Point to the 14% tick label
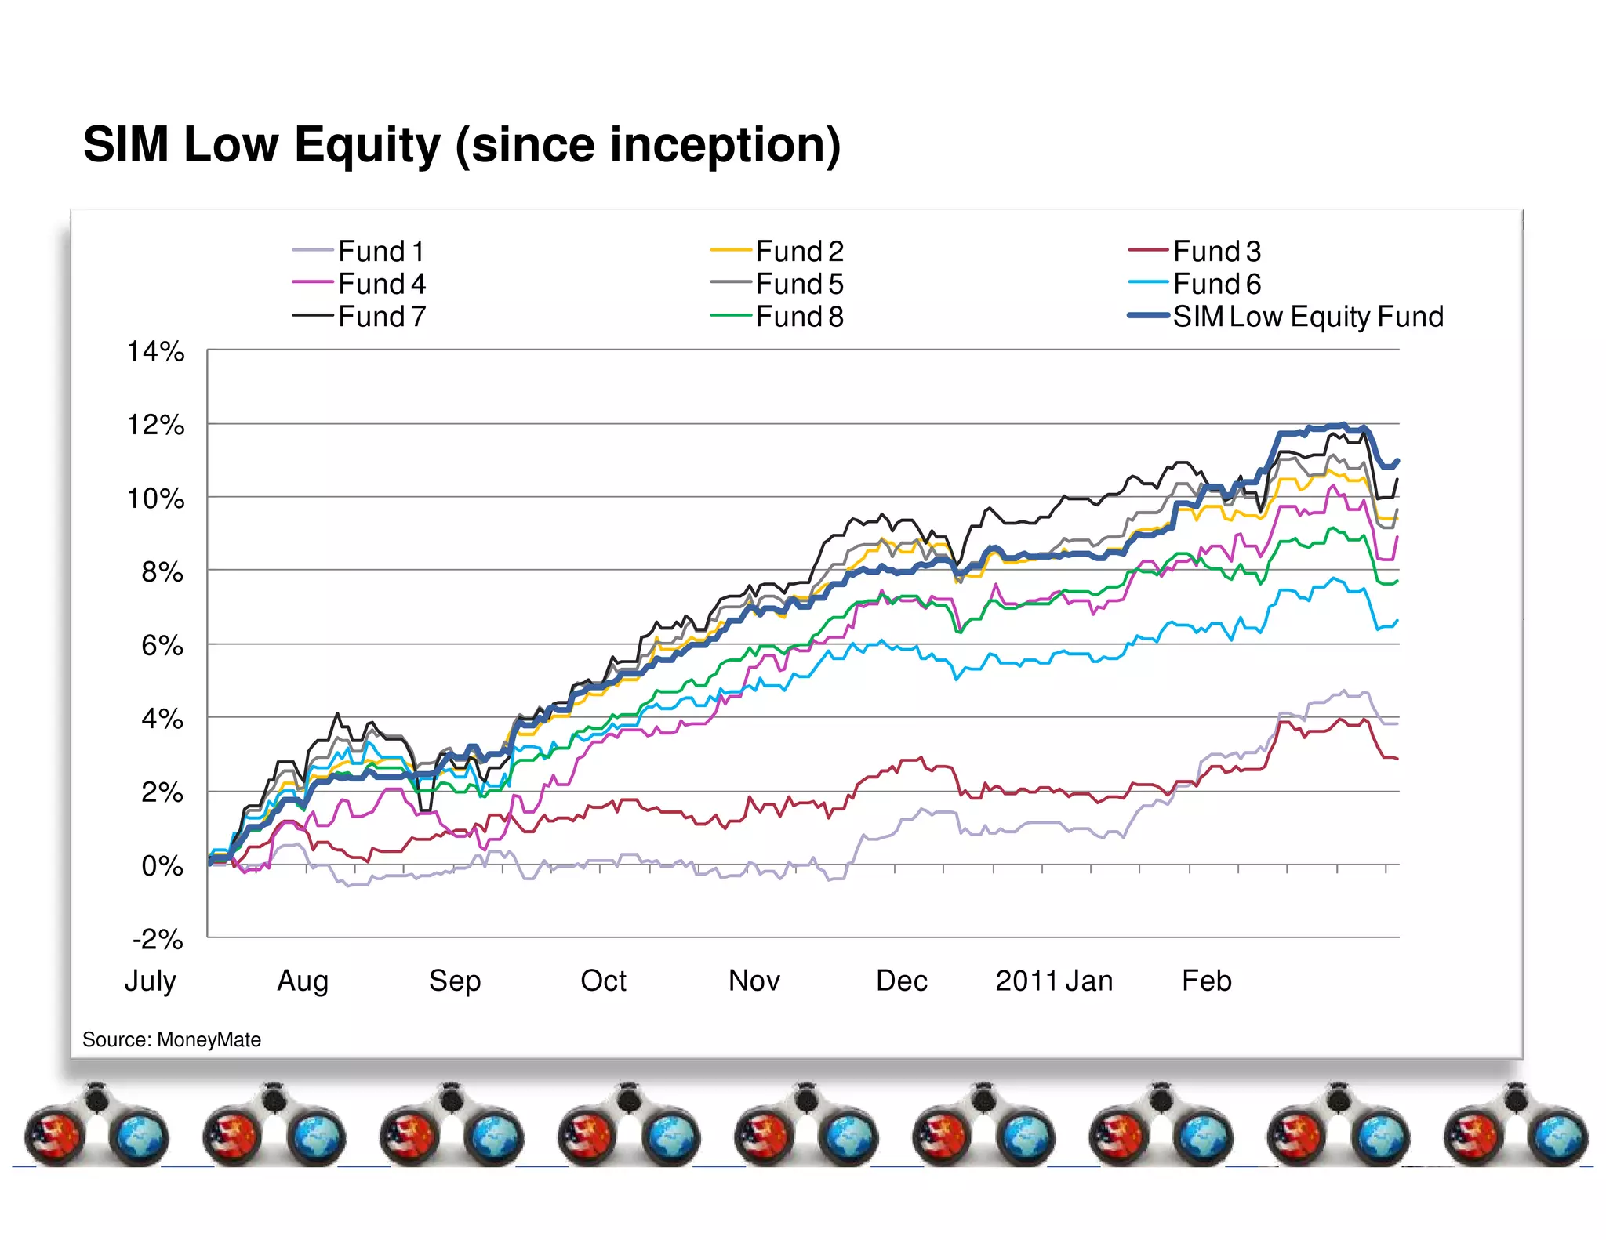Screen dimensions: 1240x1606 click(155, 352)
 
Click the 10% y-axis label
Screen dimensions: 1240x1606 click(155, 499)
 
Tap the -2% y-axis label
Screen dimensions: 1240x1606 click(158, 939)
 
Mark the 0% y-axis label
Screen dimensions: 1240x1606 click(162, 866)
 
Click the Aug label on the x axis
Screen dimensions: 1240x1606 click(303, 981)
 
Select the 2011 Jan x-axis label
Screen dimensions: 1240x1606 click(1054, 981)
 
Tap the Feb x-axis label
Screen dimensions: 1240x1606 click(1206, 981)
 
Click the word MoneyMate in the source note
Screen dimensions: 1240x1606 click(209, 1039)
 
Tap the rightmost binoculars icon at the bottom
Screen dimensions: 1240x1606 click(1515, 1126)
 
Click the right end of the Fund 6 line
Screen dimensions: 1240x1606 click(1397, 621)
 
